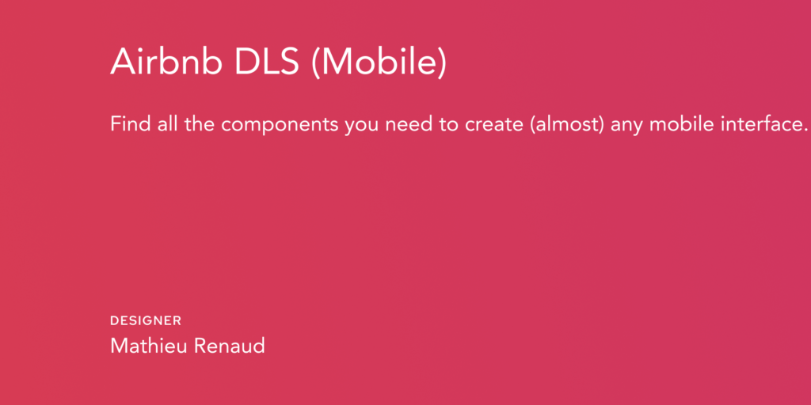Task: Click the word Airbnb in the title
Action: point(166,60)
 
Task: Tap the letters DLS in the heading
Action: point(266,60)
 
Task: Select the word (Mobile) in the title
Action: point(379,62)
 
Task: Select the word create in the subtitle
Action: point(494,125)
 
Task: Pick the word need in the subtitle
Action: point(411,124)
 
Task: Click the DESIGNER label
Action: point(146,321)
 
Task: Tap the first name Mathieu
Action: point(148,346)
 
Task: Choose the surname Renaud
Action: point(230,346)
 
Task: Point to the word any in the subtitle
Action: point(626,127)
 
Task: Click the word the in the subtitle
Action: point(199,124)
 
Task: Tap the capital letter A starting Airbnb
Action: point(123,61)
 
